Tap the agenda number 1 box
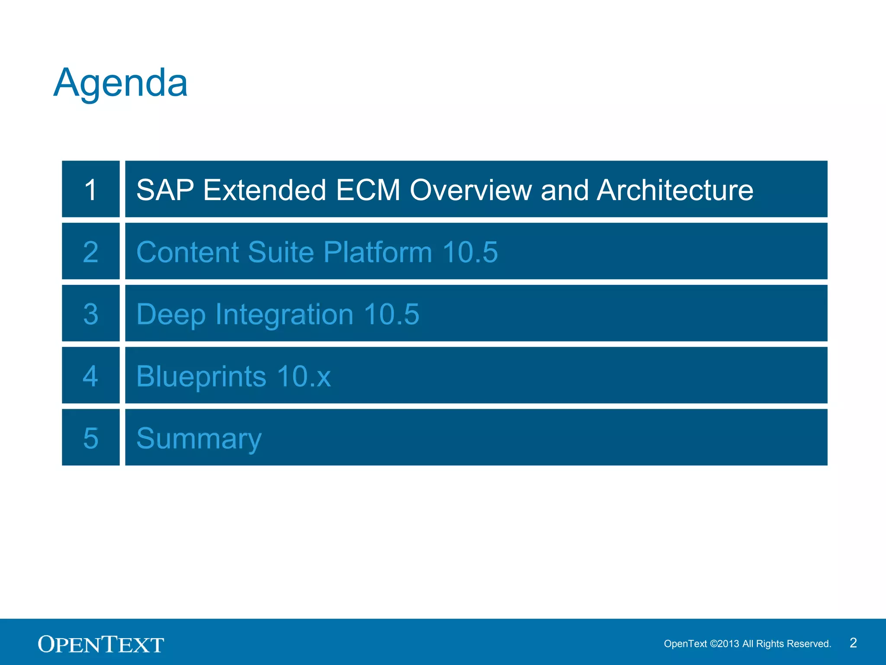(90, 189)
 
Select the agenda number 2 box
(90, 252)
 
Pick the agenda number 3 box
(90, 313)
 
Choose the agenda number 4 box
(90, 375)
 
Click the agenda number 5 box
(90, 438)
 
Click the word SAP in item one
(165, 190)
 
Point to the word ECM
(368, 190)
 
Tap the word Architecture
(675, 190)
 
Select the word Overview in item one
(471, 190)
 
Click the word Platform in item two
(377, 252)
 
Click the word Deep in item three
(171, 315)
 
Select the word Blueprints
(201, 376)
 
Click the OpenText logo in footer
(101, 644)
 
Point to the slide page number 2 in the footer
(853, 643)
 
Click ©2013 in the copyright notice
(725, 644)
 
